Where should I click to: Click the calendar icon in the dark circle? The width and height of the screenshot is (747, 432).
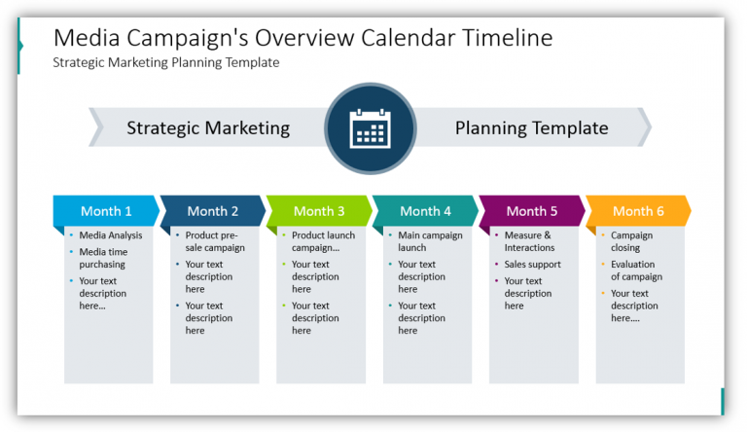point(370,128)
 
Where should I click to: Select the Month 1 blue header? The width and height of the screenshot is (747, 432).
point(106,211)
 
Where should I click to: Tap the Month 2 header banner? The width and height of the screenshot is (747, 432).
point(213,211)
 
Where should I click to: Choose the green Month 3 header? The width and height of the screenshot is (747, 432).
point(319,211)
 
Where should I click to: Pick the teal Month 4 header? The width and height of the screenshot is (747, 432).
point(426,211)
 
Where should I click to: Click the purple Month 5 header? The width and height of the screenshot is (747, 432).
point(532,211)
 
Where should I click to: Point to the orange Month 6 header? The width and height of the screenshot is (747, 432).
point(638,211)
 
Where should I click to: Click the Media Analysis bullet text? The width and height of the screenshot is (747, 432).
point(110,235)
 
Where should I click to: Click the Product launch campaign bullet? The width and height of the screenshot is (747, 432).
point(323,241)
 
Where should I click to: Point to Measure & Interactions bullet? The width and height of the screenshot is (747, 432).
point(529,241)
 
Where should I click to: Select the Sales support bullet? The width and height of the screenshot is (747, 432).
point(532,265)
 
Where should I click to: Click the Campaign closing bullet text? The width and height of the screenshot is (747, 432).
point(631,241)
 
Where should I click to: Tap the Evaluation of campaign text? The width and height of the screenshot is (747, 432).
point(636,270)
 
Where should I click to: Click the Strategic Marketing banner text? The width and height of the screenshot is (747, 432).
point(208,128)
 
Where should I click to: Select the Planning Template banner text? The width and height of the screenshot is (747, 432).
point(531,128)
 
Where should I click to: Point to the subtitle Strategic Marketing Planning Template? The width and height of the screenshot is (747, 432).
point(165,62)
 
